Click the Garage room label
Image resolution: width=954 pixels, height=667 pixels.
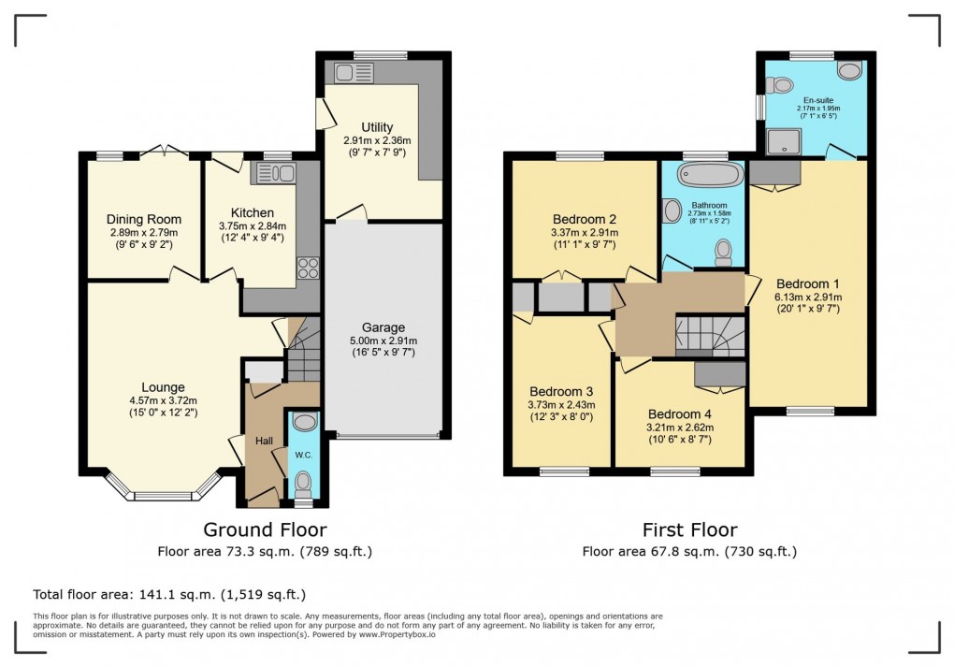(383, 327)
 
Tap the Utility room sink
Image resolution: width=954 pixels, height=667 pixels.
(350, 72)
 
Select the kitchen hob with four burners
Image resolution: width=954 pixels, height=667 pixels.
(307, 268)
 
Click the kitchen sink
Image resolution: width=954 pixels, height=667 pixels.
(274, 172)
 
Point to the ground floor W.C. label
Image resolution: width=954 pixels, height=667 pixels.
(304, 456)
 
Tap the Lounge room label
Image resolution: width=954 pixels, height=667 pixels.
(163, 387)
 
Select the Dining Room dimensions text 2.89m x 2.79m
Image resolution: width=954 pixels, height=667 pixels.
(142, 233)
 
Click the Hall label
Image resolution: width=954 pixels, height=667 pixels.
(264, 441)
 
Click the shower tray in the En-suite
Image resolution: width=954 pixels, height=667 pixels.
(777, 142)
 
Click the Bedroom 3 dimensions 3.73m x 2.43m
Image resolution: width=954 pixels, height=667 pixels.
(562, 404)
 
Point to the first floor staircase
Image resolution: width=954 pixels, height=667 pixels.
(710, 337)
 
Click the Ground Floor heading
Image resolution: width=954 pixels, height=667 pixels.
(265, 530)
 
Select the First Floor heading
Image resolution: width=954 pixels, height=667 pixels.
(689, 530)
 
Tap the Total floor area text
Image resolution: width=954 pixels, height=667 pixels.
(169, 594)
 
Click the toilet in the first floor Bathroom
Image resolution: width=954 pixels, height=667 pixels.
(723, 250)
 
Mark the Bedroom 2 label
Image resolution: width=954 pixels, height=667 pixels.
(585, 220)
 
